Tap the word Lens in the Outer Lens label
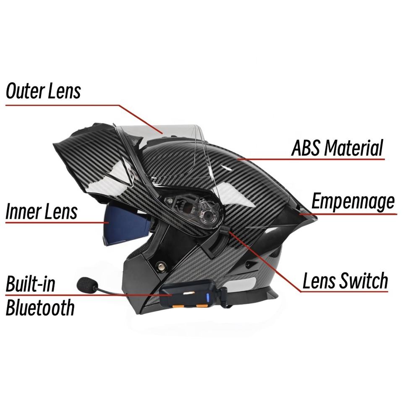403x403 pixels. [x=63, y=91]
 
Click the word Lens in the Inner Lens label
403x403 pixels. [x=61, y=212]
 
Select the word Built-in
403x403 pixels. [x=30, y=285]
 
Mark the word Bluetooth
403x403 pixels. [x=40, y=308]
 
